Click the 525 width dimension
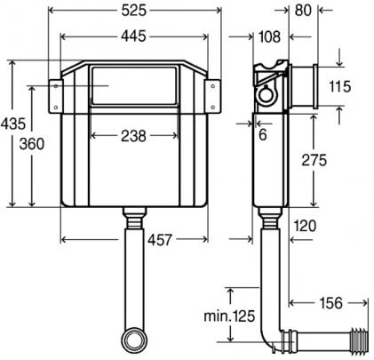(x=134, y=11)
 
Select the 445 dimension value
(x=133, y=36)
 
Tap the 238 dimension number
(x=133, y=136)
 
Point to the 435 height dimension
(x=13, y=124)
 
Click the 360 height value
(x=32, y=144)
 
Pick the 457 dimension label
(x=160, y=240)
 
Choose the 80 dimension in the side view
(x=303, y=11)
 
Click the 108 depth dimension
(x=269, y=37)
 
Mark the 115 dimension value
(x=340, y=86)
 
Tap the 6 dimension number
(x=263, y=135)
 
